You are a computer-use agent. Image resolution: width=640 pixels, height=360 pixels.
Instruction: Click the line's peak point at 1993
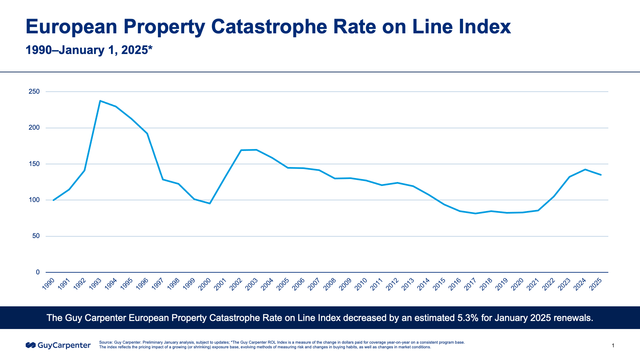[x=100, y=101]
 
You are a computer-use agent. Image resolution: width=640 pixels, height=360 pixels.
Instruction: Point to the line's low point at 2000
[x=210, y=203]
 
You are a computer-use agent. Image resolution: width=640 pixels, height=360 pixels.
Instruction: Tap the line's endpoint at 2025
[x=601, y=175]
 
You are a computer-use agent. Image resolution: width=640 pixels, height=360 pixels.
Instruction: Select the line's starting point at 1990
[x=53, y=200]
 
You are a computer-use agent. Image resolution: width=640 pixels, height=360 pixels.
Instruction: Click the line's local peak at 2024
[x=585, y=169]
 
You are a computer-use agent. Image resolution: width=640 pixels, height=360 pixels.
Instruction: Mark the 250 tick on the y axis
[x=34, y=92]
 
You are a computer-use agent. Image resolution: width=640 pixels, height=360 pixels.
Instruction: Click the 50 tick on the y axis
[x=36, y=236]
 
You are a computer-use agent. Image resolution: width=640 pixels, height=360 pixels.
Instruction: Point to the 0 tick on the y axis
[x=38, y=272]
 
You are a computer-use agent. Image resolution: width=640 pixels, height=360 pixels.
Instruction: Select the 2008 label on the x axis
[x=330, y=284]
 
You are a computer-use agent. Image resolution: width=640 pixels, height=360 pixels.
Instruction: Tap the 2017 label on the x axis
[x=471, y=284]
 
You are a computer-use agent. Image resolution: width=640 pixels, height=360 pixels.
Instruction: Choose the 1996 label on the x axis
[x=143, y=284]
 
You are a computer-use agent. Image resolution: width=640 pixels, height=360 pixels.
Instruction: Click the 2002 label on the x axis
[x=236, y=284]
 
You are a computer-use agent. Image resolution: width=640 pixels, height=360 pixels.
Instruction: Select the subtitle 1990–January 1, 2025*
[x=89, y=50]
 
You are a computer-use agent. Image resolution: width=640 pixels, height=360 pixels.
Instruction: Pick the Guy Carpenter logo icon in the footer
[x=31, y=345]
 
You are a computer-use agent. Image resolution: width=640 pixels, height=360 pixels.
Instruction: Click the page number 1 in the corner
[x=613, y=346]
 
